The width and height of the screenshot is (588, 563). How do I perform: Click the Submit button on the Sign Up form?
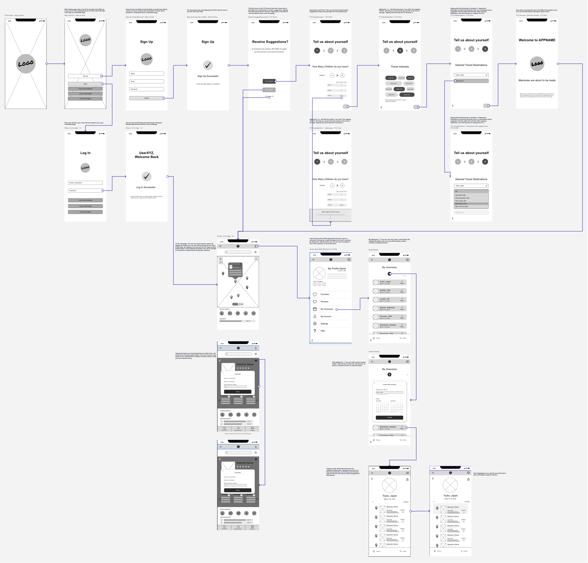click(146, 98)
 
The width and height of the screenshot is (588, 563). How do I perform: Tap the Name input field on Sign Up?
click(146, 73)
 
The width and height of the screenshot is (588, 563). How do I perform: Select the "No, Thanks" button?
click(269, 90)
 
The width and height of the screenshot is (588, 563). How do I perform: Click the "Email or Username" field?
click(85, 183)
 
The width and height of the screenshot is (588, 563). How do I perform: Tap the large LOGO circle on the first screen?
click(26, 63)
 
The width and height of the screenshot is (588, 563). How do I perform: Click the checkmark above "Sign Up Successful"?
click(208, 65)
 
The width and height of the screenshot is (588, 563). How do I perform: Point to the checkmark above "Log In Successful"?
click(146, 176)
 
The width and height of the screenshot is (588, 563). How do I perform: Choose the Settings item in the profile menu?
click(324, 324)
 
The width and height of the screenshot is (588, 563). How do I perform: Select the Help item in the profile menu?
click(323, 331)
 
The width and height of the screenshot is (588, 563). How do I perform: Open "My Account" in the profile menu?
click(326, 316)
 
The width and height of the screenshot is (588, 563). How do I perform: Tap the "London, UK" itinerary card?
click(389, 300)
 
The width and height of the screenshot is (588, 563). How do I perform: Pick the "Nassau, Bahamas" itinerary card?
click(389, 308)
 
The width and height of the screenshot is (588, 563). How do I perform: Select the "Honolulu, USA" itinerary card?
click(389, 317)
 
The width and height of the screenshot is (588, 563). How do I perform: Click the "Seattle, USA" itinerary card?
click(389, 291)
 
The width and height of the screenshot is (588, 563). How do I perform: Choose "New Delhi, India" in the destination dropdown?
click(460, 195)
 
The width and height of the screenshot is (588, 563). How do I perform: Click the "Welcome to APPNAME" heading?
click(537, 40)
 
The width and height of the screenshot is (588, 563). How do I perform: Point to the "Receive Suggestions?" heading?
click(270, 42)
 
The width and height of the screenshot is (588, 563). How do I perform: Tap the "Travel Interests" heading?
click(400, 67)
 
